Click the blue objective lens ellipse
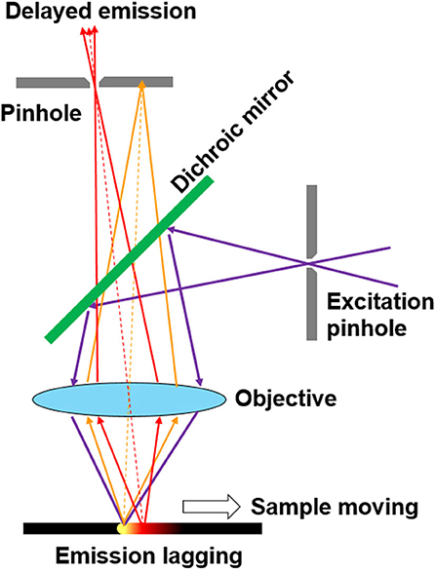(x=135, y=399)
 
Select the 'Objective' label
(x=284, y=400)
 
